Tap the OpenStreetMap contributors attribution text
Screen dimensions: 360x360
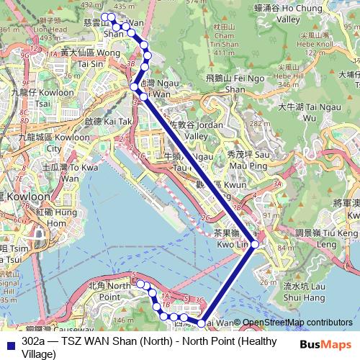pyautogui.click(x=298, y=323)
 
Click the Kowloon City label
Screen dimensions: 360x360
pyautogui.click(x=36, y=140)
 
